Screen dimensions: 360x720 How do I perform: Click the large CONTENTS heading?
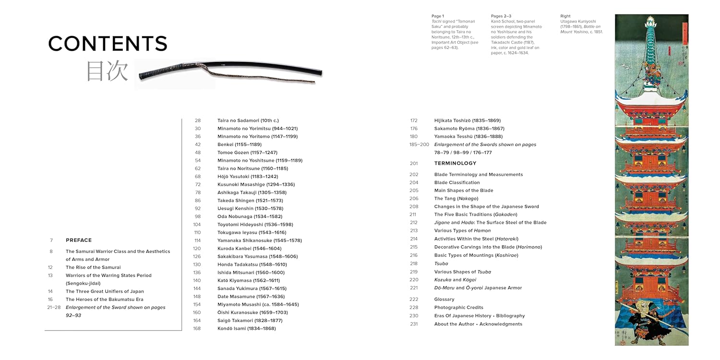(108, 44)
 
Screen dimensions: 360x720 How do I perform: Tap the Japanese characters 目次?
(107, 71)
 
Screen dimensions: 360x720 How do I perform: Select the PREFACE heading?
(79, 240)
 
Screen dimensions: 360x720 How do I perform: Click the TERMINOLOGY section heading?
(455, 163)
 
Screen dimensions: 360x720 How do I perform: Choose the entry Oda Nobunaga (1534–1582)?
(250, 216)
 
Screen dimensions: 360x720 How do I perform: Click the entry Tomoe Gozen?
(247, 152)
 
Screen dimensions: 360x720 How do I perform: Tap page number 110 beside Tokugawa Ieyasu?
(197, 232)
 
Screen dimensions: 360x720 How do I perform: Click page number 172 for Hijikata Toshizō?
(414, 120)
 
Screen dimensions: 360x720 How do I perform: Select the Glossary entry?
(444, 299)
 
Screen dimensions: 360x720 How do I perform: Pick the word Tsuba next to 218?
(441, 264)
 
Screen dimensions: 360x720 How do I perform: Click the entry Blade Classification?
(457, 182)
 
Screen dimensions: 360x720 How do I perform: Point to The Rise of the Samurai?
(93, 267)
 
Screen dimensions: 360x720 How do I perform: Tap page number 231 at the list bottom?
(414, 324)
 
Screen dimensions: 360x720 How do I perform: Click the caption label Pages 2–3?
(501, 16)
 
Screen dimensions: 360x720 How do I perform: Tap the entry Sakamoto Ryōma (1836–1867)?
(469, 129)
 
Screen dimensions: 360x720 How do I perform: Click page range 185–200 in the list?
(419, 144)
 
